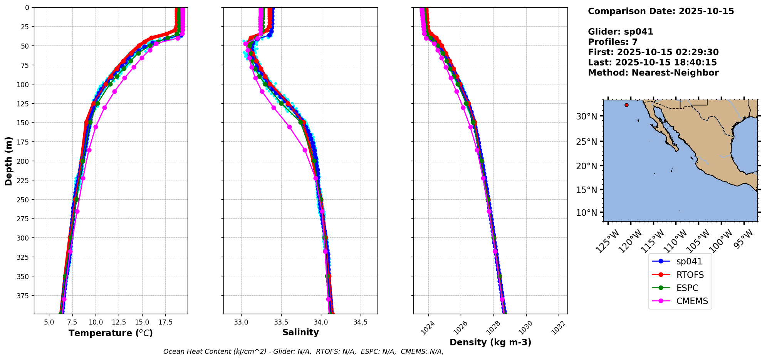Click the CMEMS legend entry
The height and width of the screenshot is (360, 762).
click(x=692, y=301)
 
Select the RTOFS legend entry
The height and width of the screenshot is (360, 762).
click(x=690, y=275)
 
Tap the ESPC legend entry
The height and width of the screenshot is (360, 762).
click(x=687, y=288)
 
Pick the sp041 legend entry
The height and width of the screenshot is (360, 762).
click(x=689, y=261)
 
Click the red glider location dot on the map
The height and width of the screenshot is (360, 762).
click(x=626, y=105)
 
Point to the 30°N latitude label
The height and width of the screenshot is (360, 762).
click(x=586, y=116)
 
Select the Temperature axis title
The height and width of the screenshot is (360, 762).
click(x=111, y=333)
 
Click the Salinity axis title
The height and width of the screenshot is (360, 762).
click(x=300, y=332)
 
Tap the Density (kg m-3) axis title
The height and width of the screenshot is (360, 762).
click(x=490, y=342)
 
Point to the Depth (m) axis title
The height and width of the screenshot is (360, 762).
click(x=8, y=161)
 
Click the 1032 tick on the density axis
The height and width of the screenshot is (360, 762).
click(x=557, y=328)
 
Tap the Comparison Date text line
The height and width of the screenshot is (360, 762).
click(x=661, y=11)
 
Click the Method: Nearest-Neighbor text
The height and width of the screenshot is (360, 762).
click(x=653, y=73)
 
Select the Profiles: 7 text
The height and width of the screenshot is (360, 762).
click(x=613, y=42)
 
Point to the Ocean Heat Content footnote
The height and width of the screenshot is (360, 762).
click(x=303, y=352)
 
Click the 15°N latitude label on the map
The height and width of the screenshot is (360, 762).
click(x=586, y=190)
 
